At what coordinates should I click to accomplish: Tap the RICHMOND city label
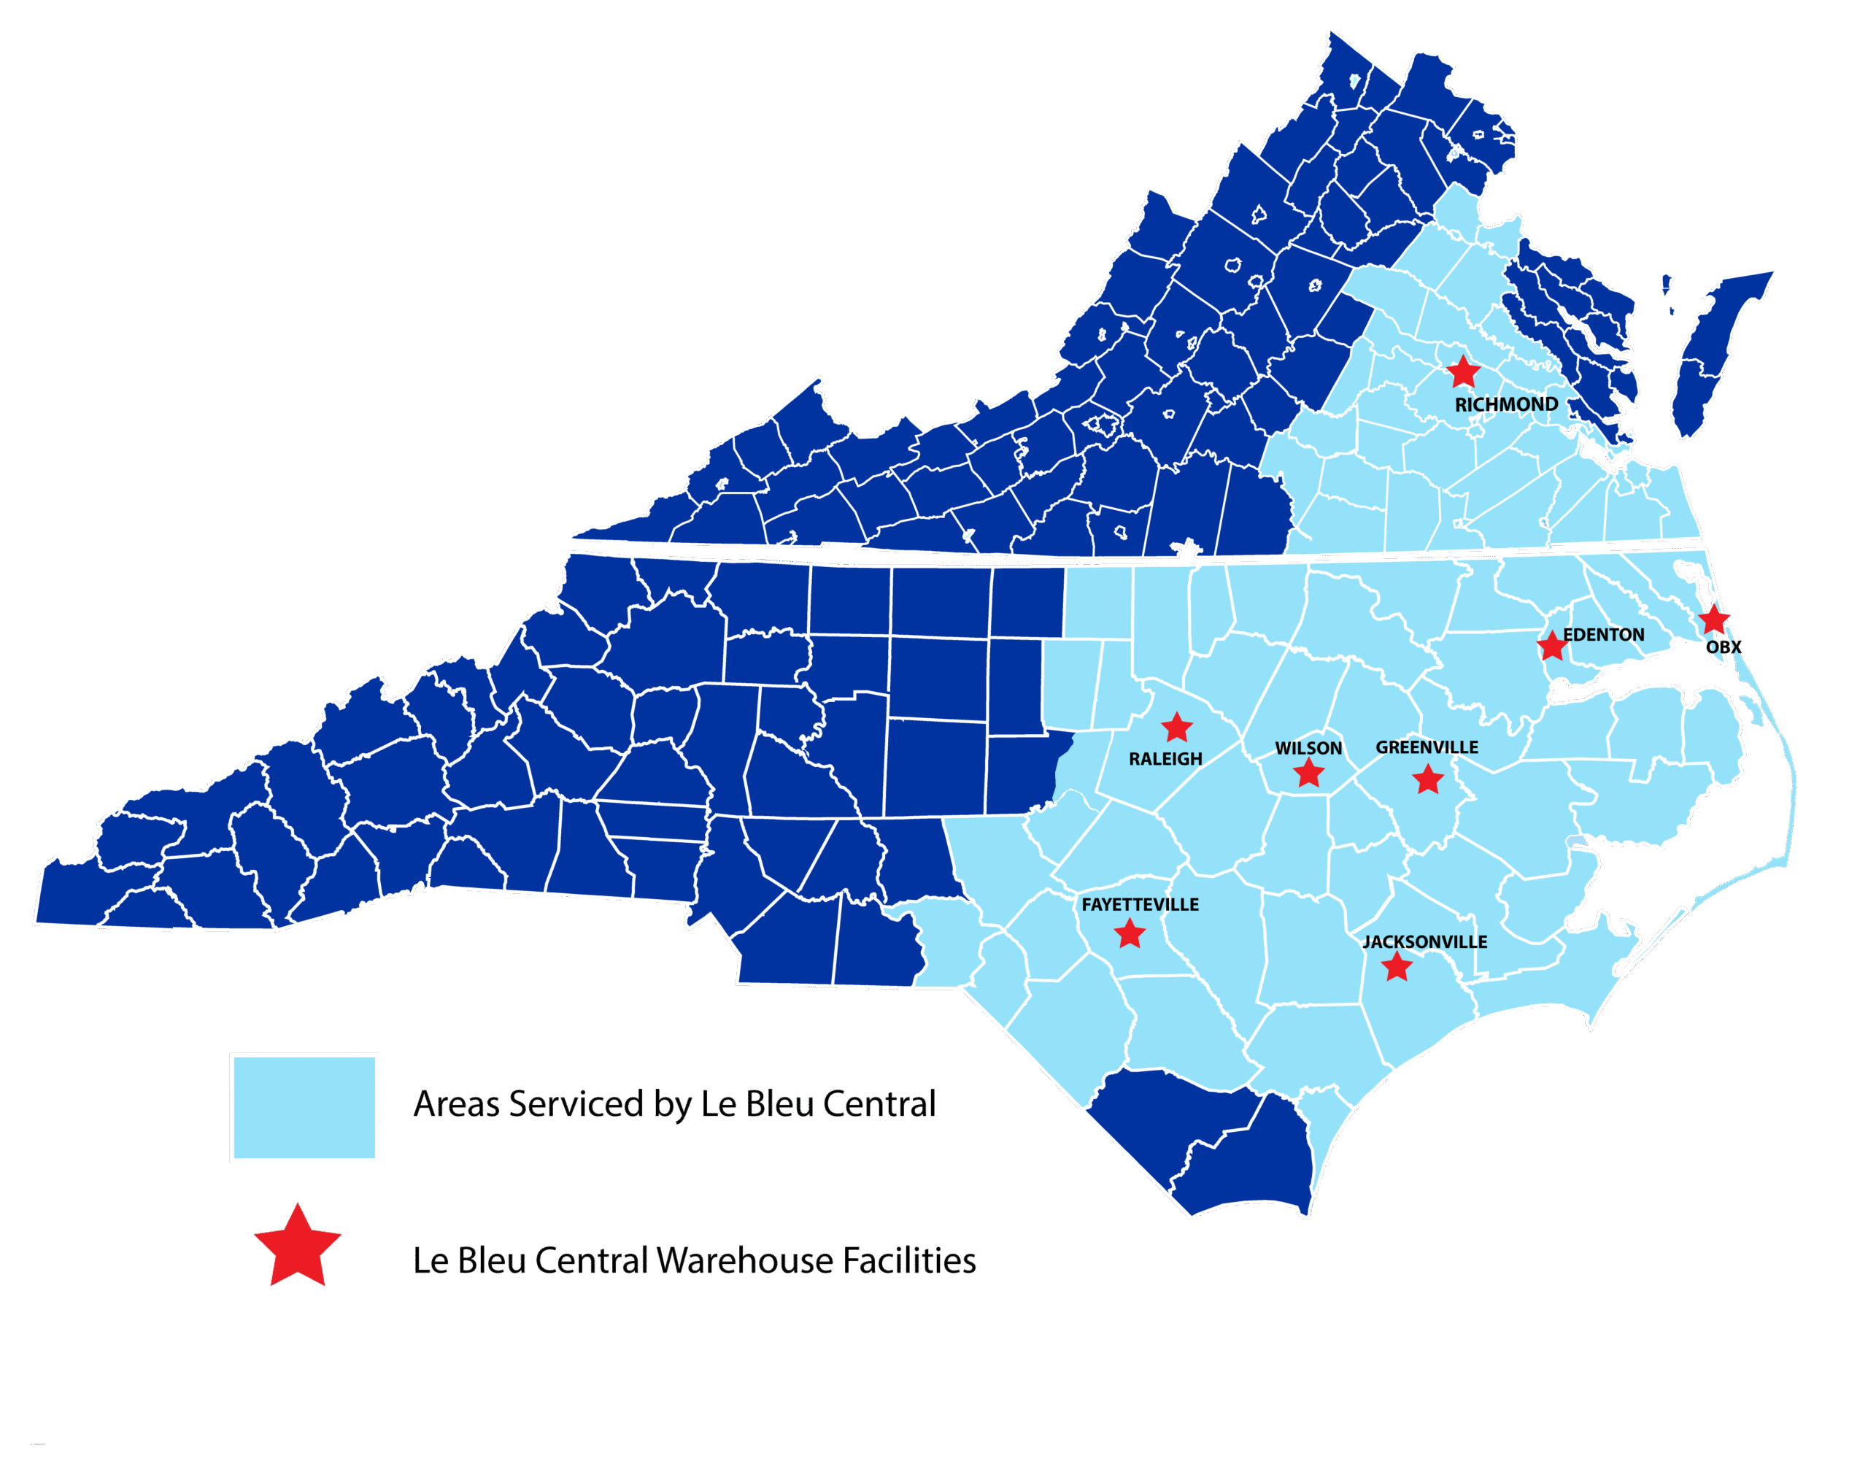[1506, 404]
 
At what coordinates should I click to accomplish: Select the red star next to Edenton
[1551, 646]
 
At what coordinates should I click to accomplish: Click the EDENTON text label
[1604, 635]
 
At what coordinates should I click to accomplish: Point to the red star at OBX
[1713, 618]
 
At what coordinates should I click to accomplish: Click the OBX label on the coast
[1724, 647]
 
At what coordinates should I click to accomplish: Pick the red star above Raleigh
[1177, 727]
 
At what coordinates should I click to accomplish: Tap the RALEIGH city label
[1165, 759]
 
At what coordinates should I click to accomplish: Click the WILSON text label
[1308, 749]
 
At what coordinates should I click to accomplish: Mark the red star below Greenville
[1427, 779]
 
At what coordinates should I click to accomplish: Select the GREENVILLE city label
[1427, 747]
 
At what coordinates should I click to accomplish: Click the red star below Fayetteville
[1130, 933]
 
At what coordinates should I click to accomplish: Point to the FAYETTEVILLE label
[1140, 904]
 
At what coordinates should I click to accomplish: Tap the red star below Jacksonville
[1397, 967]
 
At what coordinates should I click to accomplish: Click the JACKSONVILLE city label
[1424, 942]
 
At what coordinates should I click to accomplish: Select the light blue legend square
[304, 1108]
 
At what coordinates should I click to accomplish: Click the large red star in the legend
[298, 1248]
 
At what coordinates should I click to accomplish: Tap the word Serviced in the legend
[575, 1104]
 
